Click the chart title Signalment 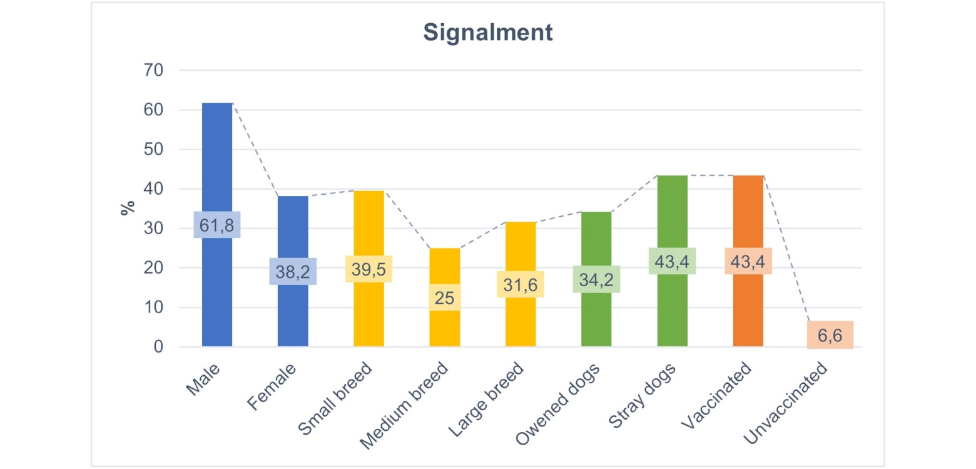488,33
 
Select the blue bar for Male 217,157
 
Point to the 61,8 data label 217,225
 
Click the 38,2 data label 293,271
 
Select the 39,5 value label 369,269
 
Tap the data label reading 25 445,297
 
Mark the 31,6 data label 521,284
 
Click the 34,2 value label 597,279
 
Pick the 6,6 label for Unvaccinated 830,335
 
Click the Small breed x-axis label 336,401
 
